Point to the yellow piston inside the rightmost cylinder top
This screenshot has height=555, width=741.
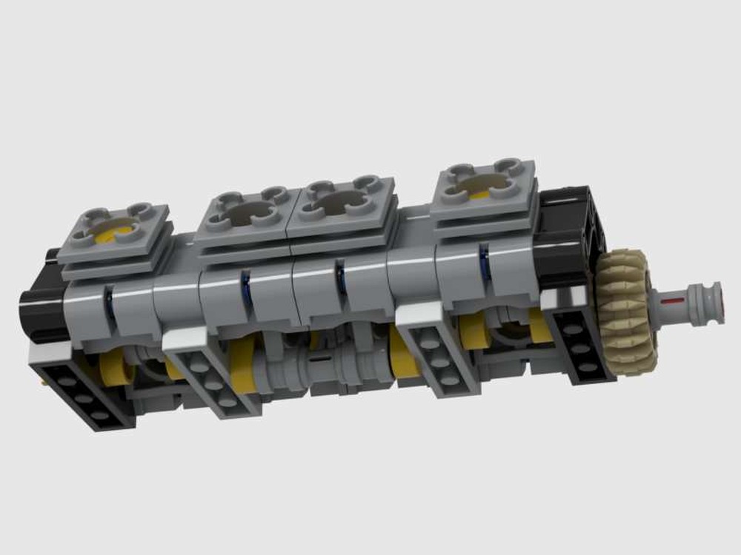(479, 194)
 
